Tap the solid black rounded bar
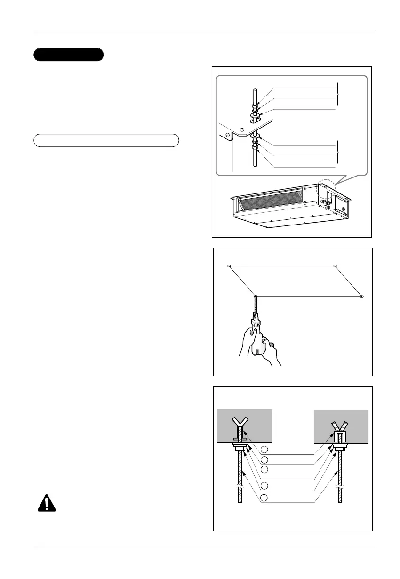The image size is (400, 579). point(68,55)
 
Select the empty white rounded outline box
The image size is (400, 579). point(106,140)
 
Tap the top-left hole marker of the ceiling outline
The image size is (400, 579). point(229,266)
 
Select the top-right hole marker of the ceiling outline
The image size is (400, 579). point(335,266)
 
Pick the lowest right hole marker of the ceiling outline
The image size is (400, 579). point(361,297)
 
